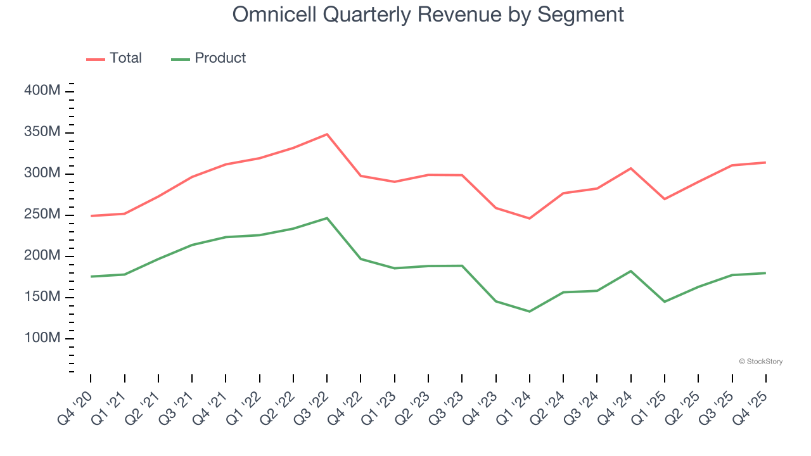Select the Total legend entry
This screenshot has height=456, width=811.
[x=115, y=58]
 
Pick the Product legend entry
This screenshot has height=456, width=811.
[x=208, y=58]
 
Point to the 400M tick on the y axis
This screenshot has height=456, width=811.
[x=42, y=91]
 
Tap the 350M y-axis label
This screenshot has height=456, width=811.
[x=42, y=132]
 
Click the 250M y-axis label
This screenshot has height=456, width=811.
[x=42, y=215]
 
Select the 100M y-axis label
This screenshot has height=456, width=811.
[x=42, y=338]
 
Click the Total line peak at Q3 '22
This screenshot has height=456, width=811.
[x=327, y=134]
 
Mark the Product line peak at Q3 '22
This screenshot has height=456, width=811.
[x=327, y=218]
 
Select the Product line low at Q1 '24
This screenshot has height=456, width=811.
[x=530, y=312]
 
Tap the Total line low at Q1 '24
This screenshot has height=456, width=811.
[x=530, y=218]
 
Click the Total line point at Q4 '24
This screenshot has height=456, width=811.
[x=631, y=168]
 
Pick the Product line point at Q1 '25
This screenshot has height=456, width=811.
[x=665, y=301]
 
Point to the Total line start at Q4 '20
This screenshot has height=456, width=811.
[x=91, y=216]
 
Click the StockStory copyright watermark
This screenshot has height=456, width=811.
[x=760, y=362]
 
